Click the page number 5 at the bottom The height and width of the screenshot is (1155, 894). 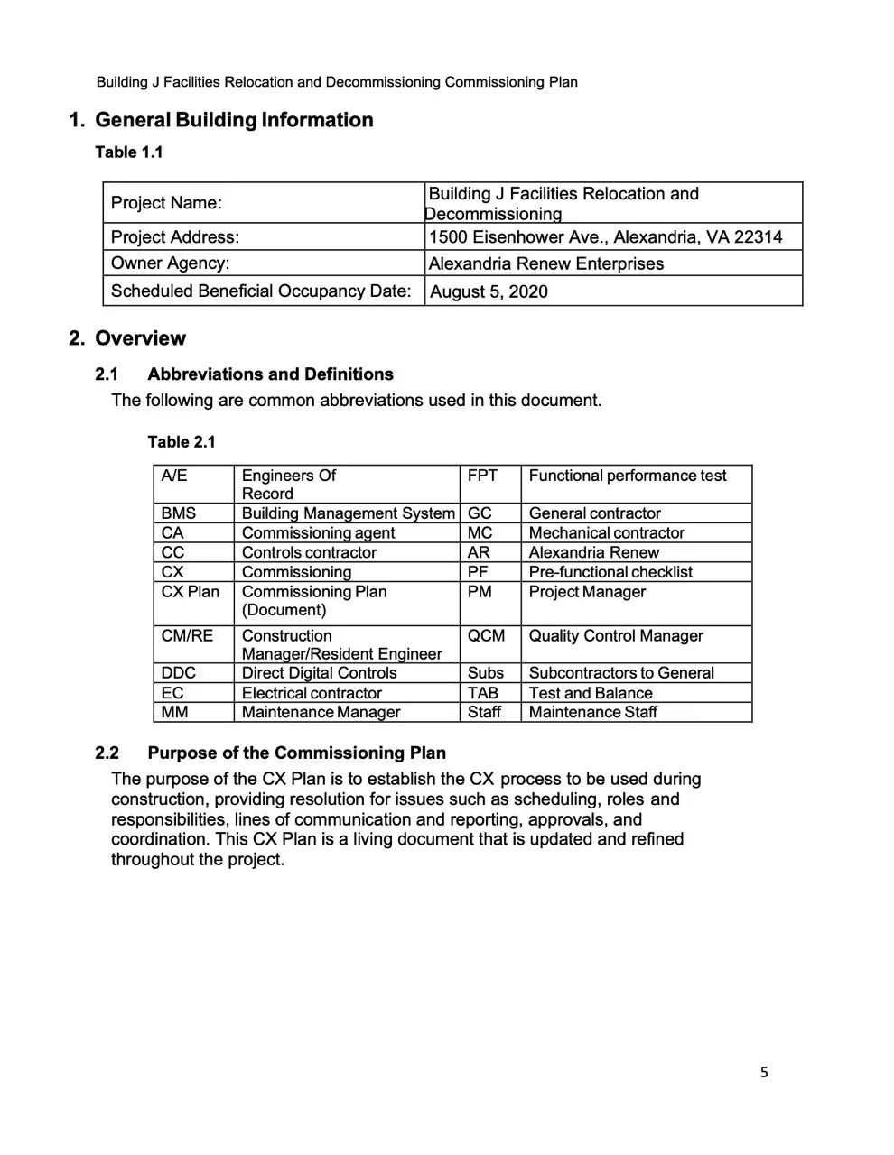764,1072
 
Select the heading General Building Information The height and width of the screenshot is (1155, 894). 233,120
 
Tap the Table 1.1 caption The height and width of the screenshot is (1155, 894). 129,152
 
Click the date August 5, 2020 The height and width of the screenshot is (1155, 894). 489,291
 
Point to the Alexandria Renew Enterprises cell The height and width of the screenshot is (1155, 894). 545,263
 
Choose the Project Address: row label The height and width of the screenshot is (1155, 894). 175,237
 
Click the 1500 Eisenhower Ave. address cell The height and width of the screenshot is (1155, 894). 605,237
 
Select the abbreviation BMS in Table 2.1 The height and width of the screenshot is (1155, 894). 178,513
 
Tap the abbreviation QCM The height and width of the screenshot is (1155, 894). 486,636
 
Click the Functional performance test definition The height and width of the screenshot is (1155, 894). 627,476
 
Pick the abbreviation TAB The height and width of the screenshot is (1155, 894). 482,693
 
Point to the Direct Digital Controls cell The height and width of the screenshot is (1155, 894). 319,673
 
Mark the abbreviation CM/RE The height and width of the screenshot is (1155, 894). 187,636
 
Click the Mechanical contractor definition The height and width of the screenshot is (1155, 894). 606,533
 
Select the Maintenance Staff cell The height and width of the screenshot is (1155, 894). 592,712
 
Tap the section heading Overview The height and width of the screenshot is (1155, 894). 139,338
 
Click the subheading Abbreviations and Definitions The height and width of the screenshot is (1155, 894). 270,374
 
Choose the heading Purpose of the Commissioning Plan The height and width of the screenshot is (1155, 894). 296,753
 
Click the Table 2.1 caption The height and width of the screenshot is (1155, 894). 182,441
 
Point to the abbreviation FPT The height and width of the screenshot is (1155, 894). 482,476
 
